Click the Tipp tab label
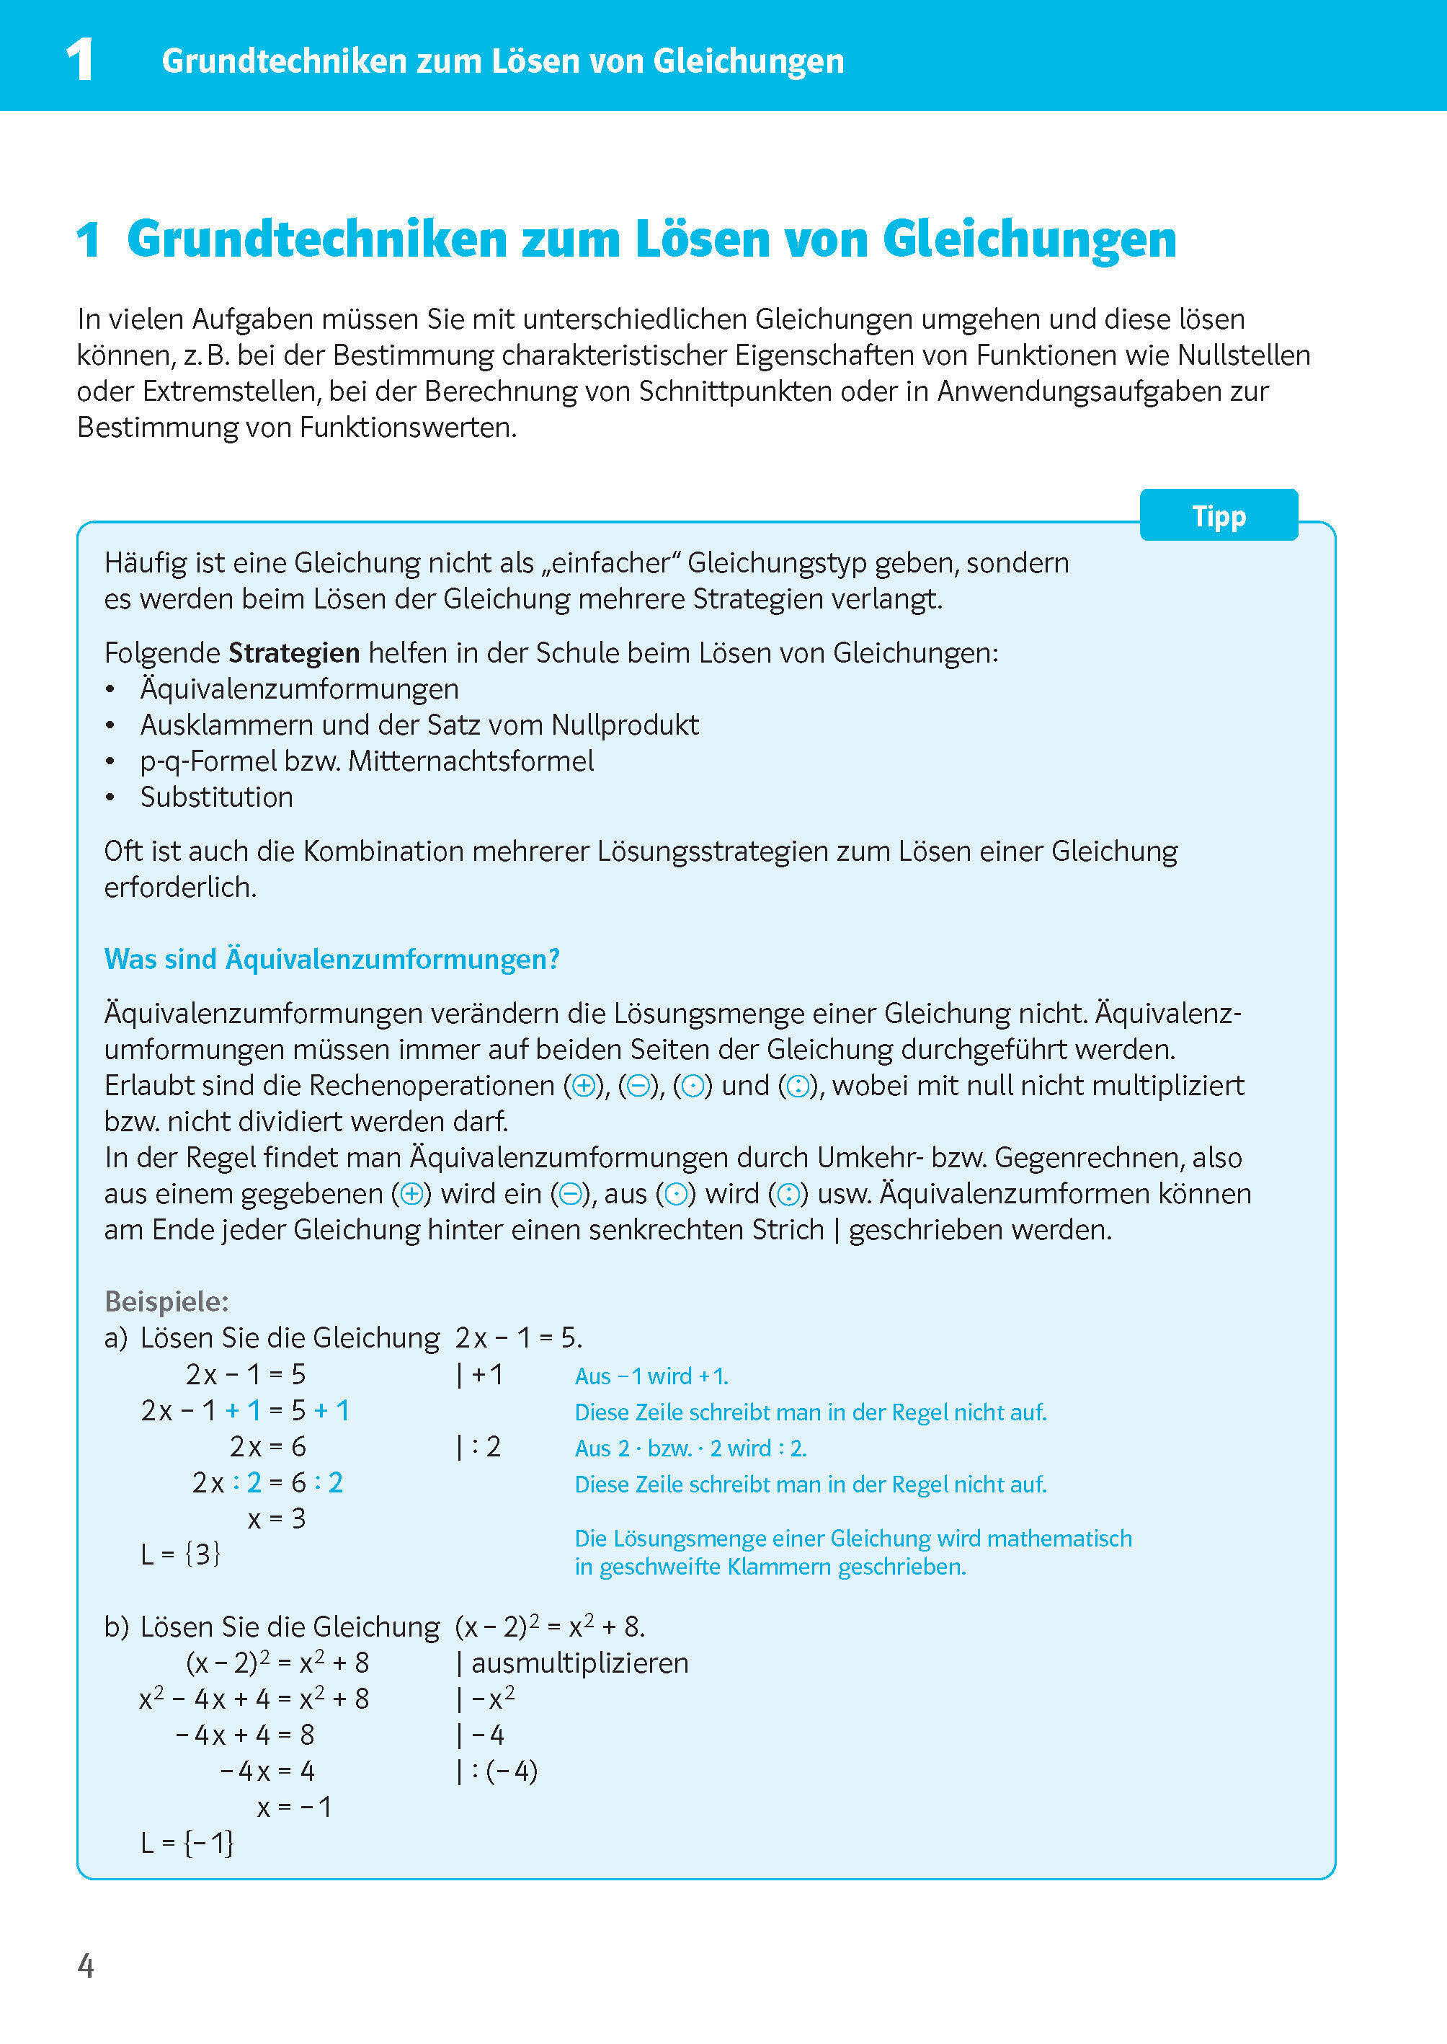(1218, 516)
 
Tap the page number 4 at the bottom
(86, 1965)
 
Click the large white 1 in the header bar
(80, 61)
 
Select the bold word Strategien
(294, 653)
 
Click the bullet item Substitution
(216, 797)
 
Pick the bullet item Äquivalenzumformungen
(299, 689)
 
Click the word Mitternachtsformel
(471, 761)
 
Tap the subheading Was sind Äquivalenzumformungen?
(331, 959)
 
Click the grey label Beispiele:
(166, 1301)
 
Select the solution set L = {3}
(180, 1554)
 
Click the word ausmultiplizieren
(579, 1663)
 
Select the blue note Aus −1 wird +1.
(651, 1376)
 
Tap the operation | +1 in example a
(480, 1374)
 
